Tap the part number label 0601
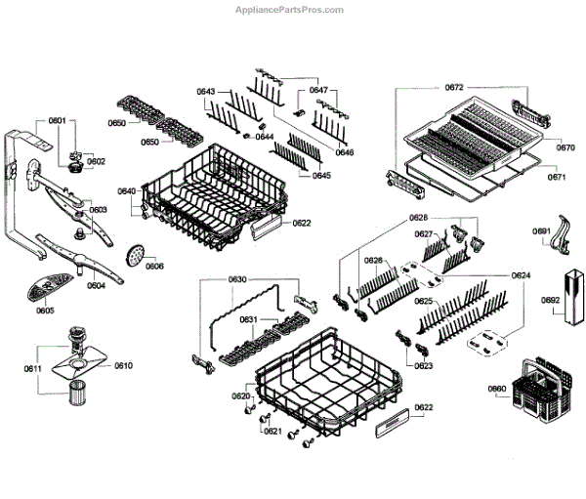coord(57,121)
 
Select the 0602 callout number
coord(96,161)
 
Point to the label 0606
coord(154,266)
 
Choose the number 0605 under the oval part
coord(45,310)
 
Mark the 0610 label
coord(123,365)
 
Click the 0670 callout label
coord(565,147)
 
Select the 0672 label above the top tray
coord(453,88)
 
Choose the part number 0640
coord(127,190)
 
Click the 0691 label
coord(540,230)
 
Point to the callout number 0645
coord(321,175)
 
